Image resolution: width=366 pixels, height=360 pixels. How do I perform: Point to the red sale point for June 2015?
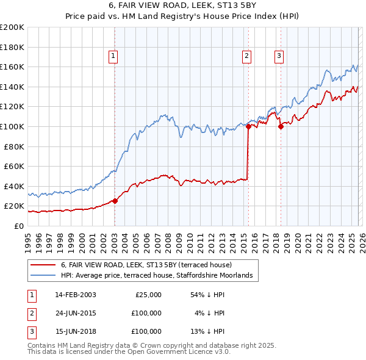coord(248,127)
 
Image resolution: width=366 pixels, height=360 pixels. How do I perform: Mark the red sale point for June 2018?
coord(281,127)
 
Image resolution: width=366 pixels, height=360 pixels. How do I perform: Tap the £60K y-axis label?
coord(13,166)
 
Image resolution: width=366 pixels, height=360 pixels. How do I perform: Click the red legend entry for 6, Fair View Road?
coord(146,265)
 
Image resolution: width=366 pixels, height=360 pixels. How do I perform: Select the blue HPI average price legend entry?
coord(160,276)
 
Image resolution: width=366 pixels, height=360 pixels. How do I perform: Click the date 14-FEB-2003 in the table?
coord(75,295)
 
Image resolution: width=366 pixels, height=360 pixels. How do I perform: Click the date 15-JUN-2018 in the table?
coord(75,331)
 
